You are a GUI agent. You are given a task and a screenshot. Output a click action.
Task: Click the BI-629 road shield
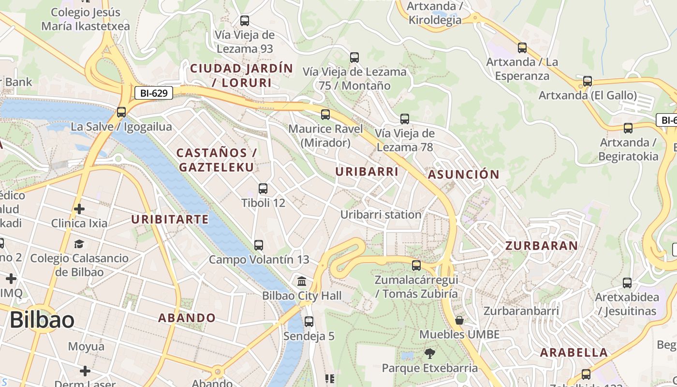point(153,93)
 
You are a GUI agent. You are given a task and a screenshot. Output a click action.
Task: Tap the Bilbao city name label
point(42,320)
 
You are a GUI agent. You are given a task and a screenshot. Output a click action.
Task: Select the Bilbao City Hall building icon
point(302,281)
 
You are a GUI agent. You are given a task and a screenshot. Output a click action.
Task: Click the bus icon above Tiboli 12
point(263,189)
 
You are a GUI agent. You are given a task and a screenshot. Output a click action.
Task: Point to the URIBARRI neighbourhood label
point(367,172)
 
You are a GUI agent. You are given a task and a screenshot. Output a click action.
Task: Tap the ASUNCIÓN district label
point(463,175)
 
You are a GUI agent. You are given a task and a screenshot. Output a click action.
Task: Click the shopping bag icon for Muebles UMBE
point(459,320)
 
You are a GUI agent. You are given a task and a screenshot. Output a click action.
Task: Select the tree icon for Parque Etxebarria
point(429,354)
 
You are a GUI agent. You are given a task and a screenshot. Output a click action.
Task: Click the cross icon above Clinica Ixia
point(79,209)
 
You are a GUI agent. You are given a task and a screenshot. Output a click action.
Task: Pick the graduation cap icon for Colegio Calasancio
point(79,244)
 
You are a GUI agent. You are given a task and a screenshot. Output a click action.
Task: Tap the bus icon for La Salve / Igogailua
point(121,112)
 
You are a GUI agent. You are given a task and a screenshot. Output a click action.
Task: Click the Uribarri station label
point(381,214)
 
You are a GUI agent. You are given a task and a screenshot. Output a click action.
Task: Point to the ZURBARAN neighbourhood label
point(542,246)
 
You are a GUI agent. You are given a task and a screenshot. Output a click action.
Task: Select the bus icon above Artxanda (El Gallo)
point(588,81)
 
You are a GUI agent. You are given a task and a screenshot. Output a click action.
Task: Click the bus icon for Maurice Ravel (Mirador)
point(325,115)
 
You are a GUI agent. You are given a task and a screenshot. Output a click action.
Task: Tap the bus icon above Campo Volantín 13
point(259,245)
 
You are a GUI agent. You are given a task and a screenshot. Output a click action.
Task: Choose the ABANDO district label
point(187,318)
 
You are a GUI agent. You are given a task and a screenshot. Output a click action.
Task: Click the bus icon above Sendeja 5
point(309,322)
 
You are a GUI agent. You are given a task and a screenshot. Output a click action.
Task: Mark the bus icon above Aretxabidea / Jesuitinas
point(627,283)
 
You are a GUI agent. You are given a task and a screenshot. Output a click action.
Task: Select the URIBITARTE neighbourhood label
point(170,220)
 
